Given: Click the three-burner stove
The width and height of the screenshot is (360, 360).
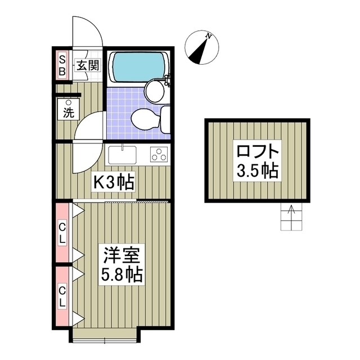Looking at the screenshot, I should pyautogui.click(x=159, y=154).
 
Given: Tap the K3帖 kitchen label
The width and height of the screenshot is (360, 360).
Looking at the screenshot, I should pyautogui.click(x=112, y=181).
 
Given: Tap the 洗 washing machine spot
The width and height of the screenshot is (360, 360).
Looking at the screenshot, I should pyautogui.click(x=69, y=109).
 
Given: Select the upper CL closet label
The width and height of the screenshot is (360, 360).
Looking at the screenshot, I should pyautogui.click(x=62, y=232).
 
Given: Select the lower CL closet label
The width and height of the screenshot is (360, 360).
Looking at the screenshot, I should pyautogui.click(x=62, y=296).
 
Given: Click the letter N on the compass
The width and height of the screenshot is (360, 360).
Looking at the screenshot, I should pyautogui.click(x=209, y=36).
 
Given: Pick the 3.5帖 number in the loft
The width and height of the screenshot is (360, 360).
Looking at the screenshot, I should pyautogui.click(x=257, y=170).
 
